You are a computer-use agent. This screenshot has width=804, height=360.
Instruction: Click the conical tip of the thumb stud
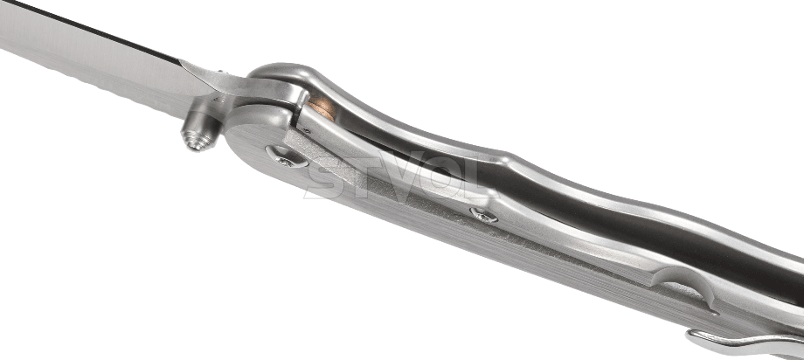[x=195, y=142]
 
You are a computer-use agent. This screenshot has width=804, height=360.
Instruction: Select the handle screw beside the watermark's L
[x=483, y=215]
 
